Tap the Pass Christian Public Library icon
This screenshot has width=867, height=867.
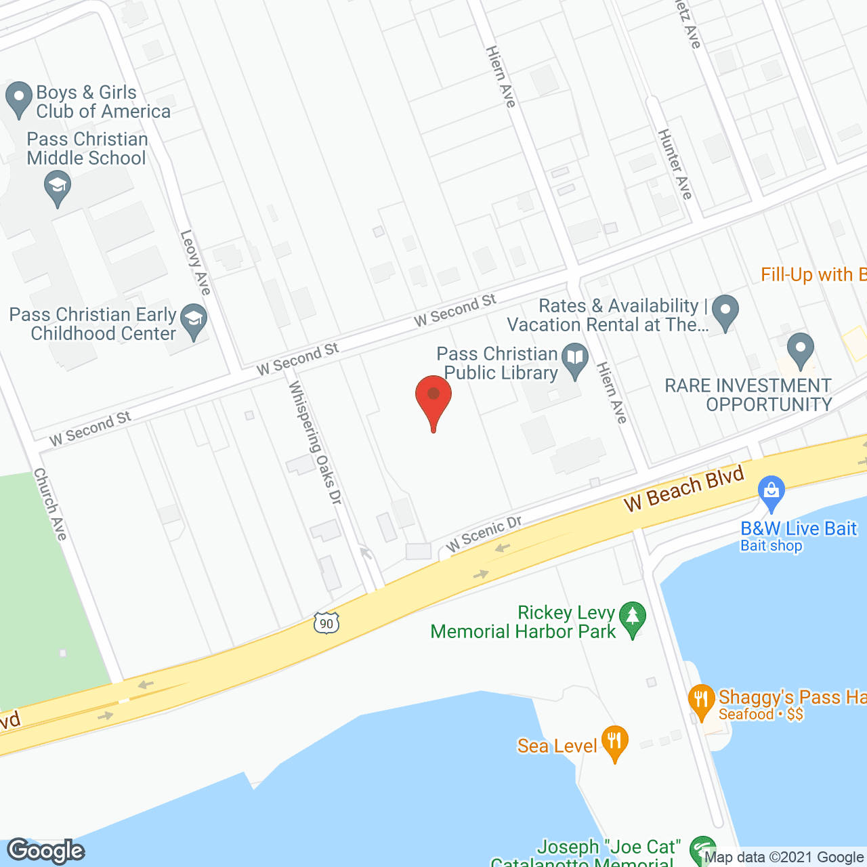[576, 362]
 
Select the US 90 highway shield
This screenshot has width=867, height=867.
[326, 622]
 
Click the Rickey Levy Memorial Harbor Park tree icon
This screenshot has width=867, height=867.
[633, 618]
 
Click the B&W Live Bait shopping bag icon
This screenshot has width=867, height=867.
[771, 492]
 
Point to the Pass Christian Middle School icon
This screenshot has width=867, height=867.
[58, 187]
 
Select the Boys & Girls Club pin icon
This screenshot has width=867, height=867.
[18, 98]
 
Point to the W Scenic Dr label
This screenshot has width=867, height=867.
[484, 533]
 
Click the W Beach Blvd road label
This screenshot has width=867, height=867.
[684, 488]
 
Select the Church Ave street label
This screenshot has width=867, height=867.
[51, 504]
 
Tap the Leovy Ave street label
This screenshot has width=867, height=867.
[196, 262]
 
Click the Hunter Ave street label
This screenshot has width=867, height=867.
[675, 164]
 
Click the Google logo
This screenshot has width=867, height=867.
[46, 851]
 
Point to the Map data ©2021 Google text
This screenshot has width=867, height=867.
[784, 858]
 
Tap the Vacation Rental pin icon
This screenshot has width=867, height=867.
[725, 312]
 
